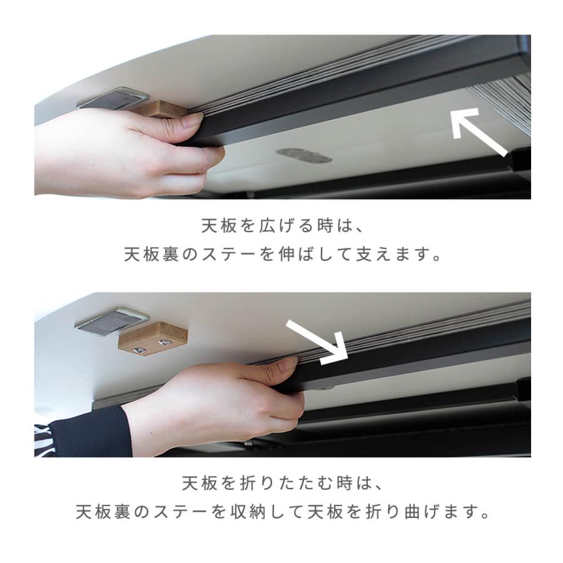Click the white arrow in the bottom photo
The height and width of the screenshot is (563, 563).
tap(317, 342)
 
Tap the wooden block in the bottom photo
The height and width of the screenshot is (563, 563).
tap(153, 338)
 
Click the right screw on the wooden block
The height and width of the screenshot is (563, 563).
tap(165, 342)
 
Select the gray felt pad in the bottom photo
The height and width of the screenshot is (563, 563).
tap(111, 321)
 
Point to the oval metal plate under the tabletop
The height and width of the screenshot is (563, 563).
tap(303, 155)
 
